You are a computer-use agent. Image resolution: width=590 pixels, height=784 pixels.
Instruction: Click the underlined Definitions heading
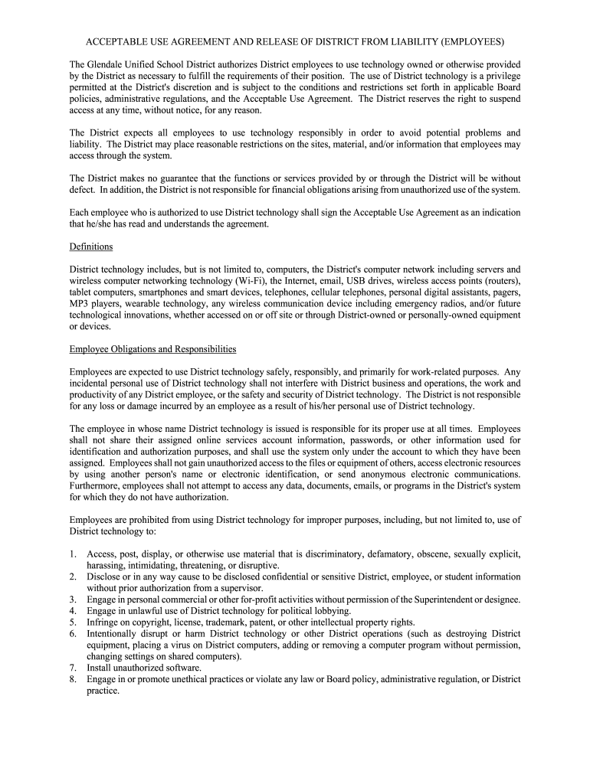coord(91,247)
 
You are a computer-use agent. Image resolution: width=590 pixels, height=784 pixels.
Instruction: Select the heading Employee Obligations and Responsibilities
coord(152,349)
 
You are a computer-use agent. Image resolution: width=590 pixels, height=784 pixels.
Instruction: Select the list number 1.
coord(73,554)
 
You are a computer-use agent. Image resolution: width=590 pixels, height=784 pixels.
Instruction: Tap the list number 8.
coord(73,680)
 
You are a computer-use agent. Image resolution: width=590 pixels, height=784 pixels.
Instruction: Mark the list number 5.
coord(73,622)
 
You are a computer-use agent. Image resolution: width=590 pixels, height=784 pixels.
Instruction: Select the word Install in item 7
coord(100,668)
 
